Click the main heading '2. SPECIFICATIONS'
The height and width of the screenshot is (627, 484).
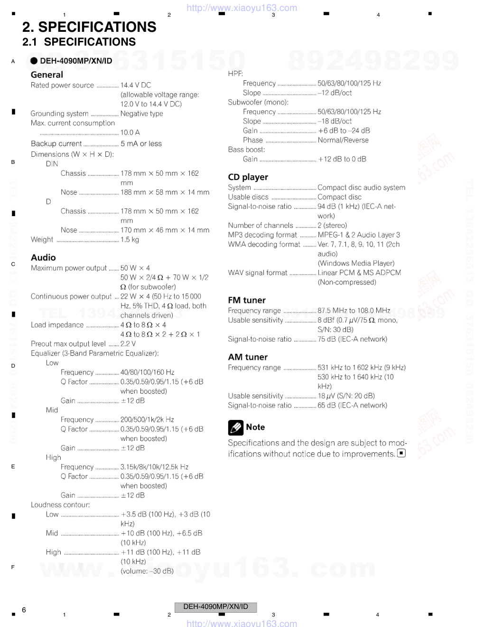[x=89, y=27]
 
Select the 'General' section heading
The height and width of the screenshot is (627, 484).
[x=47, y=75]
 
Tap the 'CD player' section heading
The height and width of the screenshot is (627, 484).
[x=248, y=177]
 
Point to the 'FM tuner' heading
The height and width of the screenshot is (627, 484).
[x=246, y=300]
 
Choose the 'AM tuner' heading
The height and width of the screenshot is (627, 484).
[x=247, y=357]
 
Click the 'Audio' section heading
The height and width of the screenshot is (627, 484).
[x=43, y=257]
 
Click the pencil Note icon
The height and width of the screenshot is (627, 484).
[x=235, y=427]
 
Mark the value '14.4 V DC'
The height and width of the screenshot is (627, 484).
[x=136, y=85]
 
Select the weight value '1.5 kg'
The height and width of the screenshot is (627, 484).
[x=130, y=240]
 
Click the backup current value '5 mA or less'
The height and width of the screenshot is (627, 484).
[x=141, y=144]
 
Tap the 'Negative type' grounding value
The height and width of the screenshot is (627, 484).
[x=141, y=114]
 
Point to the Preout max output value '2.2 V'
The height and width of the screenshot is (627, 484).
[x=128, y=344]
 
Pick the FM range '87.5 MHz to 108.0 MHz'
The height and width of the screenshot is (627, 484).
[x=354, y=311]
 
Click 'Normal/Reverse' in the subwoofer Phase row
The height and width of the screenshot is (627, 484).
[x=343, y=140]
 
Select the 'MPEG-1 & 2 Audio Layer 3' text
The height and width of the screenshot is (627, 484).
[x=358, y=235]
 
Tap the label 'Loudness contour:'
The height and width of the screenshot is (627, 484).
[x=60, y=505]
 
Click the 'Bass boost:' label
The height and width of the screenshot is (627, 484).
[x=246, y=150]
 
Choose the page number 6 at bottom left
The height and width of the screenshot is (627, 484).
[x=24, y=610]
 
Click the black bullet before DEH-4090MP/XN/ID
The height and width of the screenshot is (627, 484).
[x=34, y=61]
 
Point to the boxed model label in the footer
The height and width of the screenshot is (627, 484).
[x=215, y=607]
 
